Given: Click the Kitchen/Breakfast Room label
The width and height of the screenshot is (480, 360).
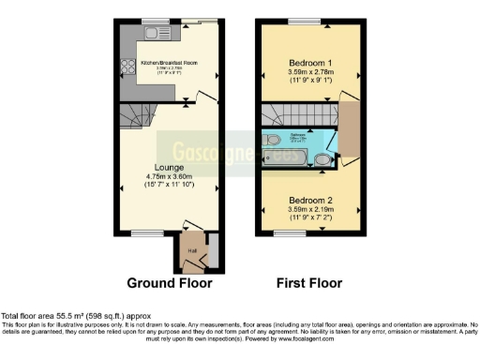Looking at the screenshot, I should tap(169, 64).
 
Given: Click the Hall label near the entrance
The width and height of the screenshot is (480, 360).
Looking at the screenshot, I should tap(192, 251).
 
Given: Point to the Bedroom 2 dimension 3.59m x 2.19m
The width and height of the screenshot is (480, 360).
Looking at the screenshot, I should tap(309, 211).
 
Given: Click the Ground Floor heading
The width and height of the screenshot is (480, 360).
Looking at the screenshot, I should tap(169, 282).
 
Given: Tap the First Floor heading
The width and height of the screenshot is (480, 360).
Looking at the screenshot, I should tap(308, 282).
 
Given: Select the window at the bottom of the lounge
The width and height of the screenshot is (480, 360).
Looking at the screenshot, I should tap(143, 232).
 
